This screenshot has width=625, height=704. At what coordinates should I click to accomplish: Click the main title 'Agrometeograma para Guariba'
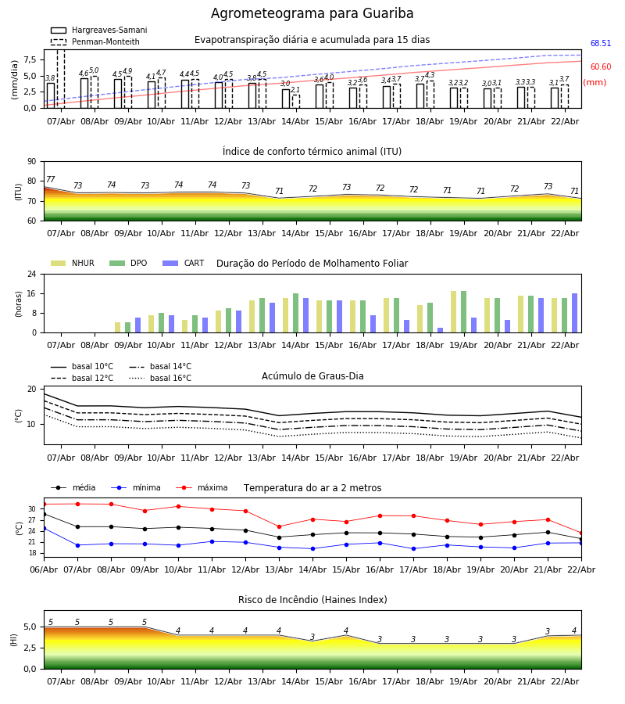tap(312, 14)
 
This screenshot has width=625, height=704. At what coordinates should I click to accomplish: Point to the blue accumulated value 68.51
tap(600, 44)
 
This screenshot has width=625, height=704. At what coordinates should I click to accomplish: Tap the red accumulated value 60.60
tap(600, 67)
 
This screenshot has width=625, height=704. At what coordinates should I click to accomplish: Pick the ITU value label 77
tap(51, 180)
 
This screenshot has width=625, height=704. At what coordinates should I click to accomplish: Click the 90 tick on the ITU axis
tap(31, 162)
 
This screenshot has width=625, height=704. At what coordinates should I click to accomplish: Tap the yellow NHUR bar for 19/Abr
tap(454, 312)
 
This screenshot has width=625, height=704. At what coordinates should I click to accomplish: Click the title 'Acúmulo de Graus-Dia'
tap(312, 376)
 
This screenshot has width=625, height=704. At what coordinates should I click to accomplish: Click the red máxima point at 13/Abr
tap(279, 526)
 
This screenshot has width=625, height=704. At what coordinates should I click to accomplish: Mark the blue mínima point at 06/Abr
tap(44, 528)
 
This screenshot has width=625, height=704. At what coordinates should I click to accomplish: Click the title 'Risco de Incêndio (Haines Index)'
tap(312, 600)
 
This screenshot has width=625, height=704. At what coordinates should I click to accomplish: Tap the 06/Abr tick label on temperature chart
tap(44, 569)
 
